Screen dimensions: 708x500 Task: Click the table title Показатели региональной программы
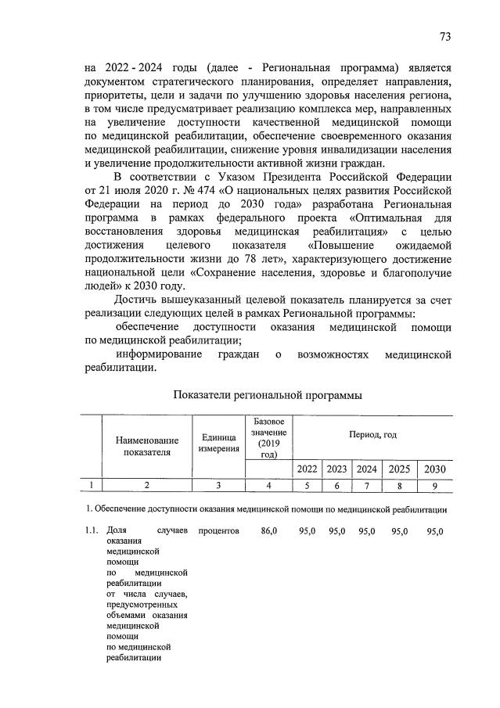click(x=268, y=397)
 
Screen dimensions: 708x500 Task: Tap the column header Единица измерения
click(x=218, y=447)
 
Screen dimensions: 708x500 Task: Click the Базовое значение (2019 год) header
click(x=269, y=438)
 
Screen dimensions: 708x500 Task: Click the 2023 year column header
click(x=336, y=469)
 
